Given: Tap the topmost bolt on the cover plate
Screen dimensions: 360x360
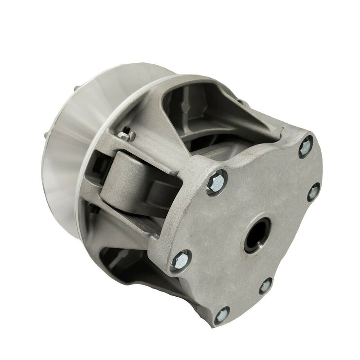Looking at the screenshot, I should [306, 146].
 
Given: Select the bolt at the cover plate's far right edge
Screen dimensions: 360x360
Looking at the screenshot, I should [313, 191].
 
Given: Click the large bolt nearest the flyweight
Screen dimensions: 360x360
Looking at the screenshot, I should [216, 182].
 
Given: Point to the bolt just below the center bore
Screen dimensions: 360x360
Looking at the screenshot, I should [266, 285].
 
